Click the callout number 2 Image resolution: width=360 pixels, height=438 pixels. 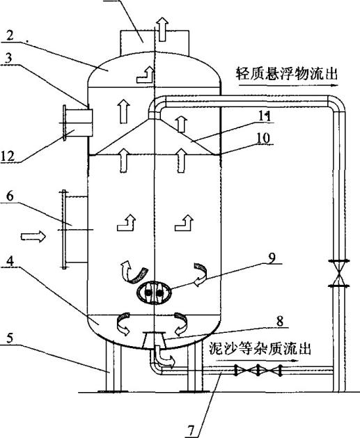(10, 36)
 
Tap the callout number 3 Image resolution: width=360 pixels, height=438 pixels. (8, 58)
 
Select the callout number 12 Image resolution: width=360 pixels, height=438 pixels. (8, 155)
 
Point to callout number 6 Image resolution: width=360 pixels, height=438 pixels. (10, 196)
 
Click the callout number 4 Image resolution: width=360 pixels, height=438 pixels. (10, 261)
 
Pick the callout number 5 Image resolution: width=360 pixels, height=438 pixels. (10, 338)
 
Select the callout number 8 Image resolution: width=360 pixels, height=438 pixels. (279, 321)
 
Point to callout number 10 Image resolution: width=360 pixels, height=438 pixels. (264, 138)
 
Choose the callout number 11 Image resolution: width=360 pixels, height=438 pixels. (264, 116)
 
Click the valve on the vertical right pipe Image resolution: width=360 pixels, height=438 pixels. (339, 273)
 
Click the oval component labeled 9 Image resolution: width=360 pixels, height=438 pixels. (154, 292)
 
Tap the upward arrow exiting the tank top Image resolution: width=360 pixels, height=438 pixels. (162, 29)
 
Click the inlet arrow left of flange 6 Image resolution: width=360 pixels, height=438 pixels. (33, 237)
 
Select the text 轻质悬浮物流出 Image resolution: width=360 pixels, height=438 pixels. (287, 74)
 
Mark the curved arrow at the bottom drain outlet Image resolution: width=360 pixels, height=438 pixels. (164, 357)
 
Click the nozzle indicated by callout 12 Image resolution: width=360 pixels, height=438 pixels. (78, 123)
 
